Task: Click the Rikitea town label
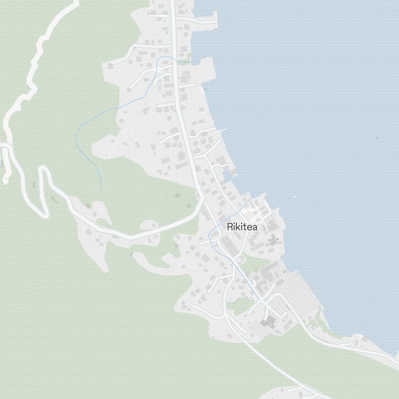click(x=242, y=227)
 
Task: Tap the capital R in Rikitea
click(x=229, y=227)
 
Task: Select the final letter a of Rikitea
click(x=255, y=227)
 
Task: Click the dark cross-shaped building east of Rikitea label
click(x=273, y=240)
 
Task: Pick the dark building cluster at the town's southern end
click(x=270, y=322)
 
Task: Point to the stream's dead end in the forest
click(x=101, y=188)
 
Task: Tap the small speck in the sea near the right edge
click(x=376, y=138)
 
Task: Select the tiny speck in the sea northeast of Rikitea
click(x=294, y=196)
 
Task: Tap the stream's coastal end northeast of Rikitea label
click(x=251, y=197)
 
